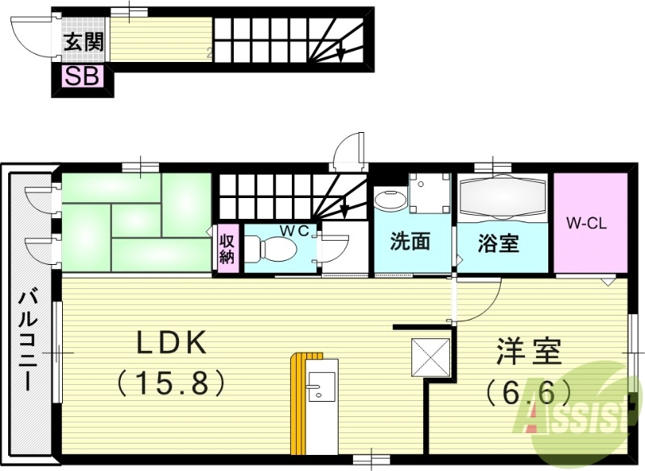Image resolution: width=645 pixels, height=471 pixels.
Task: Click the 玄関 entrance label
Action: (x=83, y=41)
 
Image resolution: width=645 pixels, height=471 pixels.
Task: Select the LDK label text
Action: (x=172, y=344)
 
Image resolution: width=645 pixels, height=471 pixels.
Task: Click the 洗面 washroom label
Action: (x=410, y=242)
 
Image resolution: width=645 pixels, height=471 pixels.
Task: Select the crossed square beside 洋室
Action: (x=430, y=357)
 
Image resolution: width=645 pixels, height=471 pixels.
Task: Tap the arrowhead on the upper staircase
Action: (x=343, y=55)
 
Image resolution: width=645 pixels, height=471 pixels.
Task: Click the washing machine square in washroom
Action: (x=428, y=192)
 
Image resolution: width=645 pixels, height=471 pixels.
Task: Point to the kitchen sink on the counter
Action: (x=318, y=390)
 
